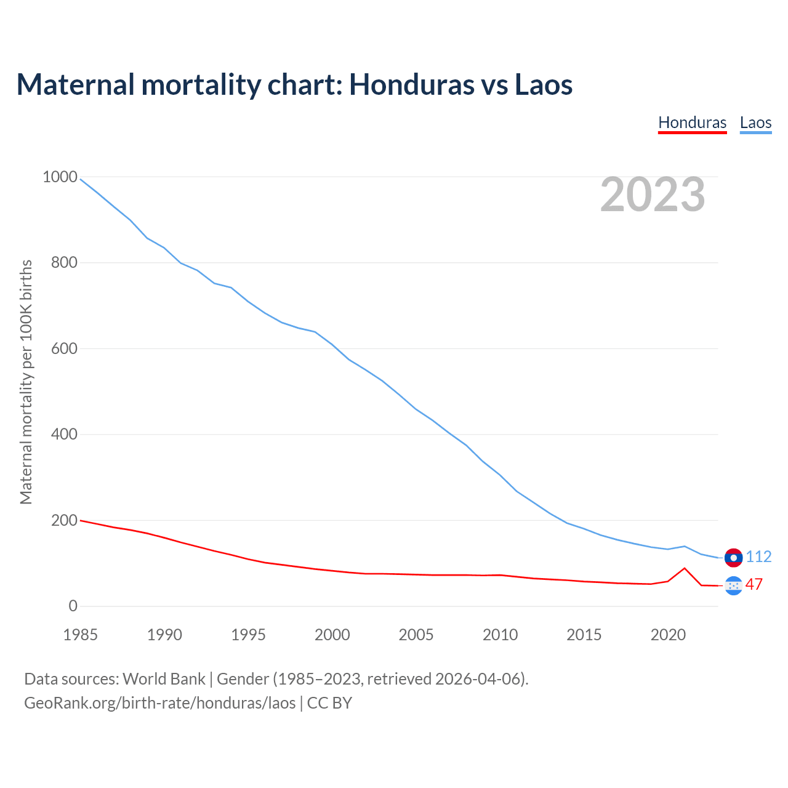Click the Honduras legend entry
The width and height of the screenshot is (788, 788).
[692, 123]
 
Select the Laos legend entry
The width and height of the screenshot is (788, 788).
[755, 123]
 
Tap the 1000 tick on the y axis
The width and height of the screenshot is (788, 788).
[60, 177]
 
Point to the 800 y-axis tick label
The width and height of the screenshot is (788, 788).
[64, 263]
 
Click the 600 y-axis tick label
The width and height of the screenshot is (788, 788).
[64, 348]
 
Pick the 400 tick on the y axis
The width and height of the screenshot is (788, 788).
[64, 435]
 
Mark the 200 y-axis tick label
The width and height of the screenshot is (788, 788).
[64, 520]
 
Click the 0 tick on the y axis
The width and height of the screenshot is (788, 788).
[73, 606]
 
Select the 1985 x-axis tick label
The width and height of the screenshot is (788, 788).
[80, 635]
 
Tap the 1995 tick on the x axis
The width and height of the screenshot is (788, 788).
[248, 635]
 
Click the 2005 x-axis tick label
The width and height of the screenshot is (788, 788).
[416, 635]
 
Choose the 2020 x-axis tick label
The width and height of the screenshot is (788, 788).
[668, 635]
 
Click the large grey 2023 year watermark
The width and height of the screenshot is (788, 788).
[653, 195]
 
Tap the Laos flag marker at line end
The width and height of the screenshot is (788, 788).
[733, 557]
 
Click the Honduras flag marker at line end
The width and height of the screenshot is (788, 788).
[733, 585]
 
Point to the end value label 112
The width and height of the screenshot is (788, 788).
[758, 557]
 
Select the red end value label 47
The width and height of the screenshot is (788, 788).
[754, 584]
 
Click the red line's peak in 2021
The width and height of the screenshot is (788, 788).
[685, 568]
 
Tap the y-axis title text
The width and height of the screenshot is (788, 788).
[26, 382]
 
